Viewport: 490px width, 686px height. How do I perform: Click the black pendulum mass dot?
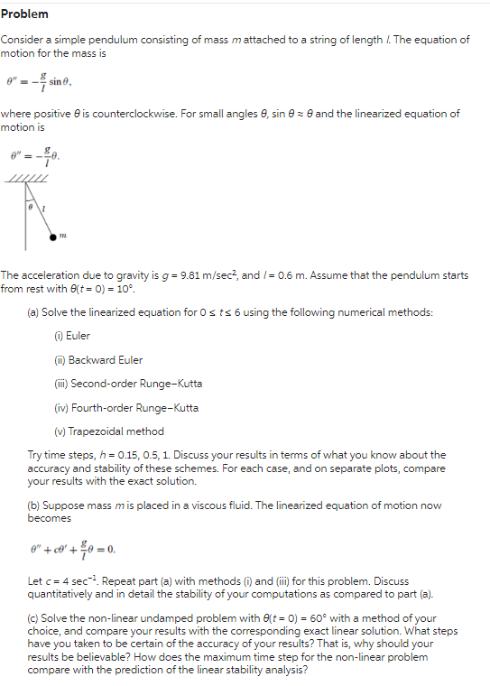coord(53,236)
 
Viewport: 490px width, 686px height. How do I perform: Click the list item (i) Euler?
coord(72,336)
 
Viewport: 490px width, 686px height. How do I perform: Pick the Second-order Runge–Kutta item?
coord(128,383)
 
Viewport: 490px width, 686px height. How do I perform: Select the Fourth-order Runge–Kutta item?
coord(126,407)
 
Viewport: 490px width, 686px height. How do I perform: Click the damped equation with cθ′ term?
coord(73,548)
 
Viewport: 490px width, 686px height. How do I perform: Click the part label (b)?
coord(34,505)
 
